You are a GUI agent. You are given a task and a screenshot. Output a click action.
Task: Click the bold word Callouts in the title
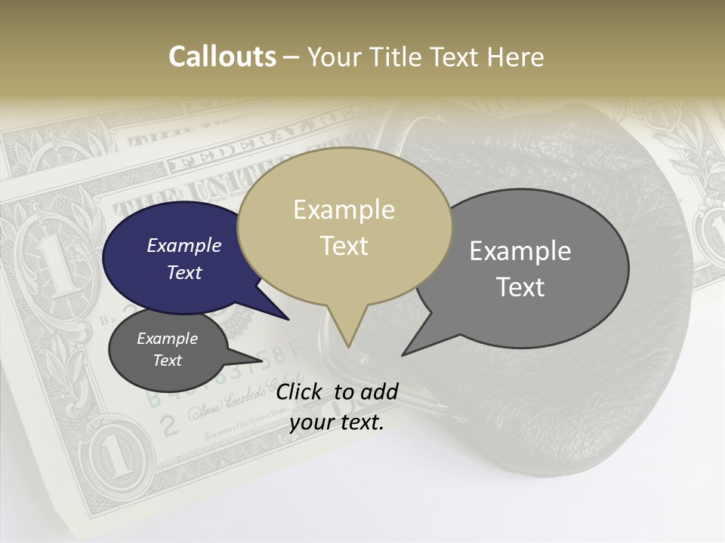(x=222, y=57)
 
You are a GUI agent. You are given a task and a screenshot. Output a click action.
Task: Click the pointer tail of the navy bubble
(x=283, y=315)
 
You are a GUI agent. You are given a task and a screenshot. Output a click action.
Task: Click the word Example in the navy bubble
(x=184, y=245)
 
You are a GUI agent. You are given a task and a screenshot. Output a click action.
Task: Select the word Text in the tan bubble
(x=344, y=246)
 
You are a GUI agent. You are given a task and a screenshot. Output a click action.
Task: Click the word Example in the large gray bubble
(x=520, y=251)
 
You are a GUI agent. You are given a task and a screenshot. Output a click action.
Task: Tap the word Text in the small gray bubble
(x=167, y=360)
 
